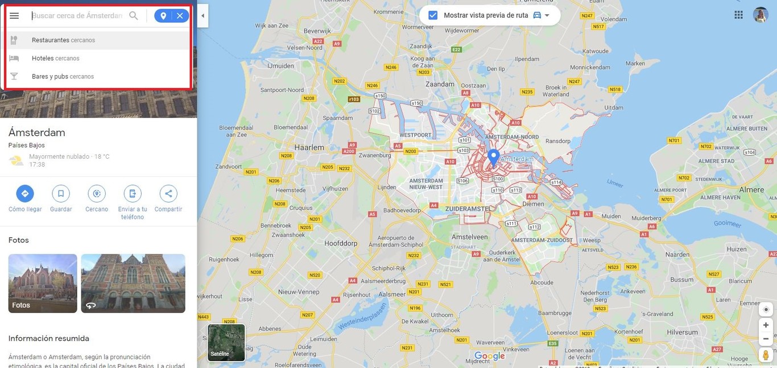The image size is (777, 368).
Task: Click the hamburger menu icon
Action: click(14, 16)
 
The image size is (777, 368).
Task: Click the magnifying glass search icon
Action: click(134, 16)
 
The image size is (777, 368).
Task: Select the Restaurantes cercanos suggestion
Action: click(63, 40)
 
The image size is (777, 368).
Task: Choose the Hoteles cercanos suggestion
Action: click(55, 59)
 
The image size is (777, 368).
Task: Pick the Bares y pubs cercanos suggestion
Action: click(63, 77)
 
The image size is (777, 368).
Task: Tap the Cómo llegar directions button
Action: click(25, 194)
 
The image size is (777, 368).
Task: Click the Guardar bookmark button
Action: click(61, 194)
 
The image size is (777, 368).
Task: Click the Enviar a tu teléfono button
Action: click(133, 194)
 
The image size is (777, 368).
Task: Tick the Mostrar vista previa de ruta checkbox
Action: click(433, 15)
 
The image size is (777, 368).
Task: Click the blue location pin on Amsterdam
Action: click(494, 156)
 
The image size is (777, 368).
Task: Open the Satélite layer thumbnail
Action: click(226, 342)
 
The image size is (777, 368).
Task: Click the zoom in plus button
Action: click(766, 325)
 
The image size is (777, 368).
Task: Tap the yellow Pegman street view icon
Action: click(766, 355)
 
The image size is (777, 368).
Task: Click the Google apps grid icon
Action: click(738, 15)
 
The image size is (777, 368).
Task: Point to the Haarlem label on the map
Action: click(309, 147)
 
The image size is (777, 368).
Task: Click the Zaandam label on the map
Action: click(441, 84)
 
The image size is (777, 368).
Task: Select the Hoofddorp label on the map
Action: click(341, 243)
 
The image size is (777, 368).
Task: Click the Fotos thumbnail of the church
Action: click(43, 283)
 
